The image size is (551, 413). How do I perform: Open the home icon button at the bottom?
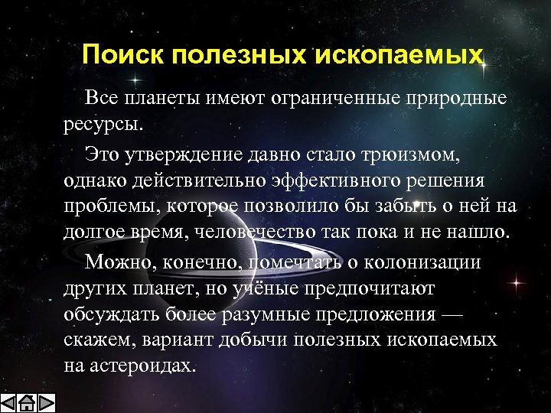[x=28, y=402]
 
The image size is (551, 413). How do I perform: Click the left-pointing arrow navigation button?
[x=9, y=402]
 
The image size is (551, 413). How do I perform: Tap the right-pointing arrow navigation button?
[x=47, y=402]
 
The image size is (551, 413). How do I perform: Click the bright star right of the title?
[x=485, y=67]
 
